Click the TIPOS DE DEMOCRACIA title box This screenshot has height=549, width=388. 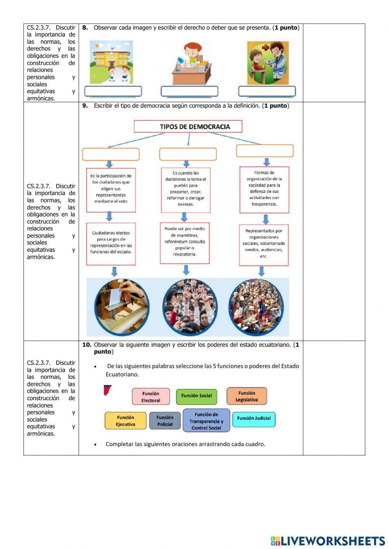pyautogui.click(x=188, y=126)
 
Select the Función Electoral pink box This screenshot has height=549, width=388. pyautogui.click(x=151, y=397)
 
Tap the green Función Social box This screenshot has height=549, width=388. pyautogui.click(x=196, y=396)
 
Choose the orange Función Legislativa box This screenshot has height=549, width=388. pyautogui.click(x=247, y=396)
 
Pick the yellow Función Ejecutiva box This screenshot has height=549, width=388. pyautogui.click(x=125, y=421)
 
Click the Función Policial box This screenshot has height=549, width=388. pyautogui.click(x=165, y=421)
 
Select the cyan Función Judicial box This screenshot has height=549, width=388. pyautogui.click(x=254, y=419)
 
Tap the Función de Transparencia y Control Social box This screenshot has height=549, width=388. pyautogui.click(x=206, y=421)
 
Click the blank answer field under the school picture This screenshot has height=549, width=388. pyautogui.click(x=113, y=92)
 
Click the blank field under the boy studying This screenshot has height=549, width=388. pyautogui.click(x=189, y=92)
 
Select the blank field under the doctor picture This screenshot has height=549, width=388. pyautogui.click(x=267, y=92)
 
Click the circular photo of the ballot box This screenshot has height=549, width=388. pyautogui.click(x=121, y=307)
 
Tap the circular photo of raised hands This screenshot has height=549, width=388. pyautogui.click(x=190, y=307)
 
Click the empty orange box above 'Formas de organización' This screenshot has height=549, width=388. pyautogui.click(x=265, y=151)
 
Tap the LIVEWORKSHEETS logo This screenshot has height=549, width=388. pyautogui.click(x=328, y=541)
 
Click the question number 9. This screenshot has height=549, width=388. pyautogui.click(x=85, y=106)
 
